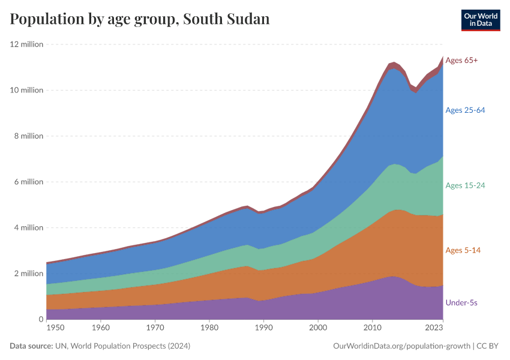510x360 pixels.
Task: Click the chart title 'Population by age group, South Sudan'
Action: pos(140,19)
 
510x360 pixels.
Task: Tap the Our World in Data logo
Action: pos(481,20)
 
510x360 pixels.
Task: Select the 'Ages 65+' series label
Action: pos(461,61)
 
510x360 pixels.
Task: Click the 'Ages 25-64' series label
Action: pos(465,110)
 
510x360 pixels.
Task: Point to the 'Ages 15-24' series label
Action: pos(465,185)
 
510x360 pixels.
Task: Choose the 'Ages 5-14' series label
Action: pos(463,250)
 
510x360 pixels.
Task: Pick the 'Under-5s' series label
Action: pos(461,303)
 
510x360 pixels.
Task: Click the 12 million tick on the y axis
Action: pos(26,44)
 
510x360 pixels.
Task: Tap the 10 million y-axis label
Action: pos(26,90)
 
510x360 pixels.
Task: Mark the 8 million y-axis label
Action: pos(28,136)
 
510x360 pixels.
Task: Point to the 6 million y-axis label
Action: pos(28,182)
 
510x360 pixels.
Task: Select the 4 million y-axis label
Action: pos(28,227)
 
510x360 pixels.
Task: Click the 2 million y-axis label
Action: pos(28,274)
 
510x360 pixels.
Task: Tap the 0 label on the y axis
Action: pos(41,319)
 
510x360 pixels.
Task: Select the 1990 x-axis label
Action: pos(263,328)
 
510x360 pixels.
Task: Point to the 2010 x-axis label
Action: pos(372,328)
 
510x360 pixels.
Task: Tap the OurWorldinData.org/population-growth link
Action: pos(401,346)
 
